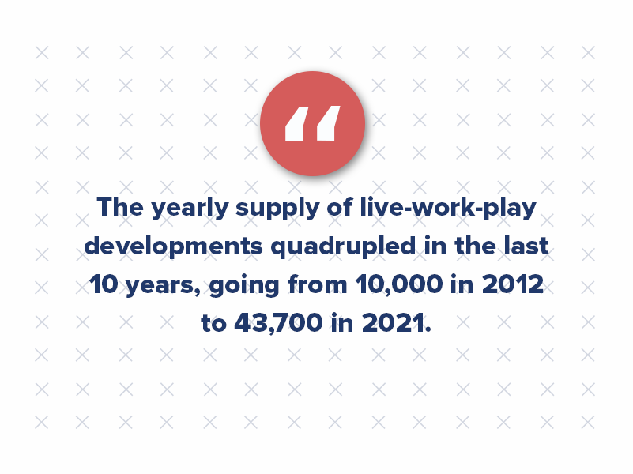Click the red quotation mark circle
(312, 123)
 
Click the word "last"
(522, 246)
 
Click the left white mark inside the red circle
(295, 124)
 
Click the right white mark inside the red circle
(327, 124)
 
